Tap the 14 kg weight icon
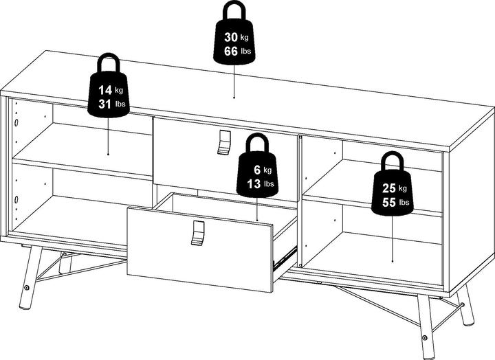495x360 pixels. point(109,91)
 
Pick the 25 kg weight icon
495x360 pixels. point(393,190)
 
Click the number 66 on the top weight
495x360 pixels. point(231,51)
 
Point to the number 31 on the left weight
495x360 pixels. point(104,104)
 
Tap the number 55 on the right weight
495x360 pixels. point(389,202)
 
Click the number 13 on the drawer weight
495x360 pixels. point(254,183)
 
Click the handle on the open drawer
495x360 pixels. point(197,233)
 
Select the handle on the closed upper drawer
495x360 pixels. point(224,142)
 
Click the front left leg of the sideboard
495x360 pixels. point(31,278)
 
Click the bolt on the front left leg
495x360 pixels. point(27,288)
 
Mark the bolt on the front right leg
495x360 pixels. point(424,337)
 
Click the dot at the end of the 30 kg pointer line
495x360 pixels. point(234,98)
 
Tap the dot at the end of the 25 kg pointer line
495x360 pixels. point(393,261)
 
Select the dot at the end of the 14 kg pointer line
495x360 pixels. point(109,155)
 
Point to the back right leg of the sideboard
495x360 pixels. point(465,309)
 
